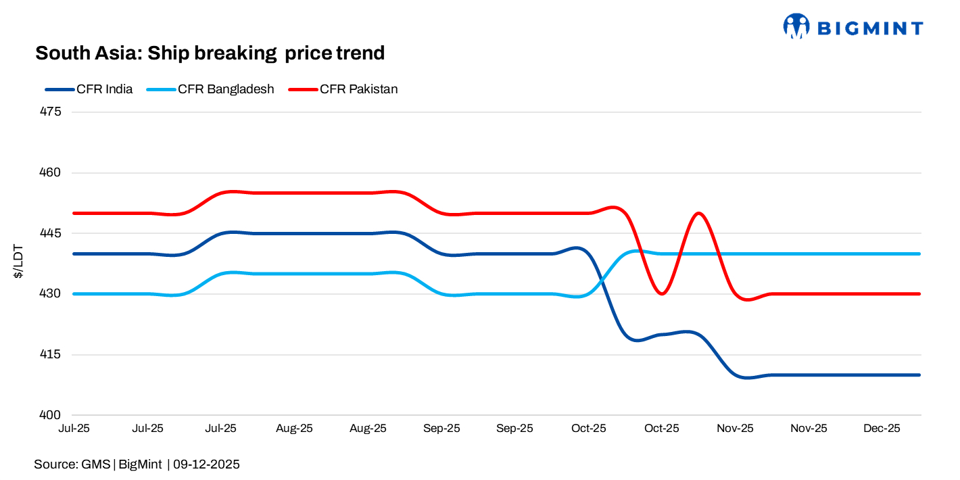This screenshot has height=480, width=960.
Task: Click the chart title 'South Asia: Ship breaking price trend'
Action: (x=210, y=53)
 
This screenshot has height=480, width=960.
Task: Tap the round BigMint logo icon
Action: (x=796, y=26)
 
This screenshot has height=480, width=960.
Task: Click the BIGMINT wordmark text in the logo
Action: (x=869, y=28)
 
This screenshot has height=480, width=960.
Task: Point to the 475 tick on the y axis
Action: (x=51, y=112)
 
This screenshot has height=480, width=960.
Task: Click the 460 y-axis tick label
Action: (x=51, y=173)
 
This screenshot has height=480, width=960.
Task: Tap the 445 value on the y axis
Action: (x=51, y=233)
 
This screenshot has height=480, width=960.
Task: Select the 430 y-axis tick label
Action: (x=51, y=294)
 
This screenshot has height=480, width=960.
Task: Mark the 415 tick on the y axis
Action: (x=51, y=355)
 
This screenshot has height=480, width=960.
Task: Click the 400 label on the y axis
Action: (x=51, y=415)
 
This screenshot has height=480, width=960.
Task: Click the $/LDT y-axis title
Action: (x=19, y=263)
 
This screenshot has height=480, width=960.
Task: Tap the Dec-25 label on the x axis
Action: (x=882, y=429)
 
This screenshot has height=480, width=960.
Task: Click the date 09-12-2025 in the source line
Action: (x=206, y=464)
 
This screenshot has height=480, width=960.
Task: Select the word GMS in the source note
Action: (x=96, y=464)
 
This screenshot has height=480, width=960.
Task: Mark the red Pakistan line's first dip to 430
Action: (x=663, y=293)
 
